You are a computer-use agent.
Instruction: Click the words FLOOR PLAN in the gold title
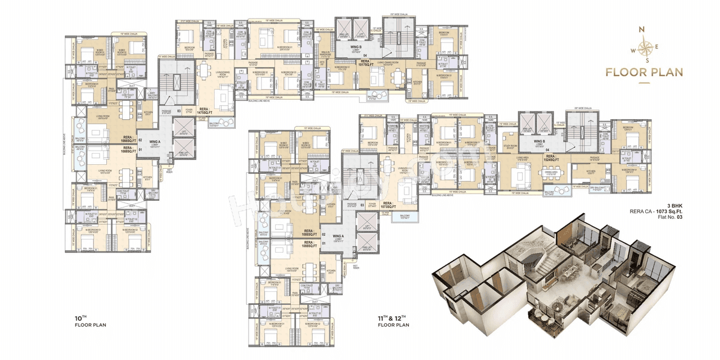click(643, 72)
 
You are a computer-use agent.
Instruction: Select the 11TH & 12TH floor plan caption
click(393, 321)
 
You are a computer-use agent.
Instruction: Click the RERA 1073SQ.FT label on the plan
click(387, 205)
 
